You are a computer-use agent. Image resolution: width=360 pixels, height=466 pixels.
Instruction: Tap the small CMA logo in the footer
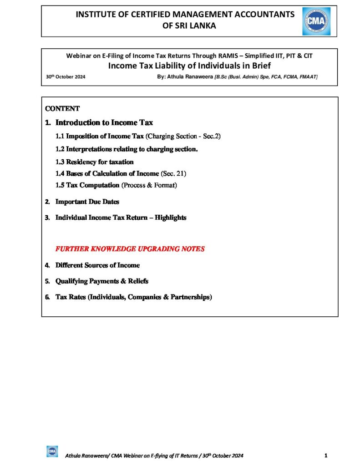click(52, 451)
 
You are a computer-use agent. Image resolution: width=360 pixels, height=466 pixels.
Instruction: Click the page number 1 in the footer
click(326, 455)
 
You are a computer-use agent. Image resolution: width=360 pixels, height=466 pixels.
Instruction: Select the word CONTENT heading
click(62, 109)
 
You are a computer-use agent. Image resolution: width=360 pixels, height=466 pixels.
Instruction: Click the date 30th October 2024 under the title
click(66, 76)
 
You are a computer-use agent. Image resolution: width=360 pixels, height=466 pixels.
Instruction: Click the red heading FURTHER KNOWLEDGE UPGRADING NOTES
click(130, 249)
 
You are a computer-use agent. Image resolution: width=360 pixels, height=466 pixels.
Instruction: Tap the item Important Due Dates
click(87, 202)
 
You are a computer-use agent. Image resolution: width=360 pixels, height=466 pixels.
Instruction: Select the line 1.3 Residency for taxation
click(94, 162)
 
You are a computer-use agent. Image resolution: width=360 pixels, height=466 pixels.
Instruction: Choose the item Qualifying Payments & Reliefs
click(101, 281)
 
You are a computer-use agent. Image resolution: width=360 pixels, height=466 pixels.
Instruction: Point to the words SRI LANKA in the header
click(189, 26)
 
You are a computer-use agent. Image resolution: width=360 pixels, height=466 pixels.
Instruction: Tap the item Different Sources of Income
click(97, 265)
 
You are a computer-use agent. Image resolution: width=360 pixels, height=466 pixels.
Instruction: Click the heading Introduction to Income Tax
click(104, 122)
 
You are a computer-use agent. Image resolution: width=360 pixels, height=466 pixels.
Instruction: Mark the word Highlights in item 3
click(170, 218)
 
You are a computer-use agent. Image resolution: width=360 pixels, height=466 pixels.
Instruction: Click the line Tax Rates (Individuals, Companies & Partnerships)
click(133, 297)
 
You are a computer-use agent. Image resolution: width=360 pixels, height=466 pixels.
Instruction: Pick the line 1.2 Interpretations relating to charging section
click(126, 149)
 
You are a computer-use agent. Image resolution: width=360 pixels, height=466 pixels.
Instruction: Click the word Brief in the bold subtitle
click(259, 66)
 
